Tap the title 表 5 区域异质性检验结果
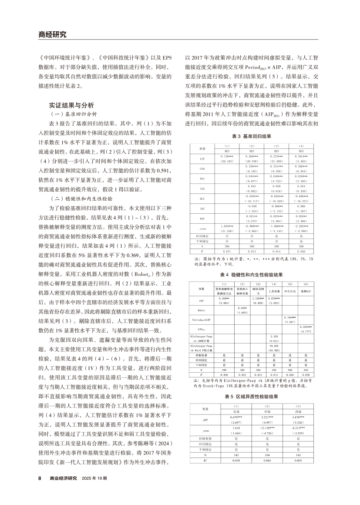253,397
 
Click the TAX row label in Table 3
202,189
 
